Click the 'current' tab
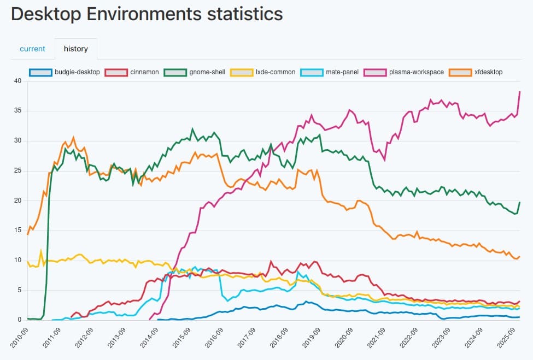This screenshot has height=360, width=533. point(32,49)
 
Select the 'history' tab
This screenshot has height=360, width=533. point(75,49)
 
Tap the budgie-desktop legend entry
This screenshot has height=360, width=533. point(65,72)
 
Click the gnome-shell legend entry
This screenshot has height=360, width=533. point(194,72)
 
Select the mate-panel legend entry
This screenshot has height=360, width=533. point(330,72)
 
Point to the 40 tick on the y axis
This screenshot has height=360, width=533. point(17,81)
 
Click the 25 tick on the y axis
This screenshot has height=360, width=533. point(17,170)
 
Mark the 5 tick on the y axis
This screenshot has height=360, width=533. point(19,290)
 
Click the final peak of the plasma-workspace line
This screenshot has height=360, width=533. point(519,92)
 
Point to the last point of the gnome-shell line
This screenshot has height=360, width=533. point(519,202)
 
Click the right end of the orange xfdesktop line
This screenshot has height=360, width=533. point(519,256)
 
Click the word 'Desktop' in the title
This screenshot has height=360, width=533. point(49,14)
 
